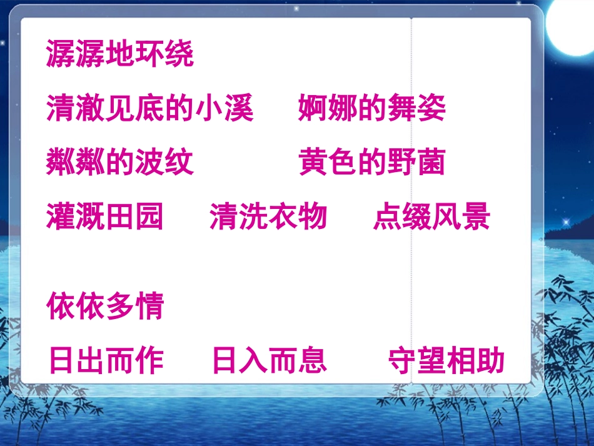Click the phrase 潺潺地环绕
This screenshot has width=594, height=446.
click(120, 54)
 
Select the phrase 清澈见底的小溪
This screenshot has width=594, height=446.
click(150, 108)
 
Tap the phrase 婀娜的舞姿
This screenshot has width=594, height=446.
click(372, 108)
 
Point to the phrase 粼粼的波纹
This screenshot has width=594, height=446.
click(120, 163)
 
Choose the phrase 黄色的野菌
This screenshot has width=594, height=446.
click(372, 163)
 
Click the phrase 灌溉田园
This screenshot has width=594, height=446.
click(105, 217)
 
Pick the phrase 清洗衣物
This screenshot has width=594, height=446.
click(268, 217)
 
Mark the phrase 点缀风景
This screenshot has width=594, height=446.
click(432, 217)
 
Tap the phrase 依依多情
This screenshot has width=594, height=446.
click(105, 307)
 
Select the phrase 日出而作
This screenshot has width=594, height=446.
click(106, 361)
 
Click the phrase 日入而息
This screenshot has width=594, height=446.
click(269, 361)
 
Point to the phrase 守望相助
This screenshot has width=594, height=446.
click(446, 361)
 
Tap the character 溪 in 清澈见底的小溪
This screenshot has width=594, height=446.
click(239, 108)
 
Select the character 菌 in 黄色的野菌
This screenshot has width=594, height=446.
click(431, 163)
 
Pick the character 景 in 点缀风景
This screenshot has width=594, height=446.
click(476, 217)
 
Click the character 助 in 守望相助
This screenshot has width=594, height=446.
click(491, 361)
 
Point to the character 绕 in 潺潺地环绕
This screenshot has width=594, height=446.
click(179, 54)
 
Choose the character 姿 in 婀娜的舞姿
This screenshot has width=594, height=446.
click(431, 108)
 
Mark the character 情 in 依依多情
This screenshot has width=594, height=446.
click(149, 307)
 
